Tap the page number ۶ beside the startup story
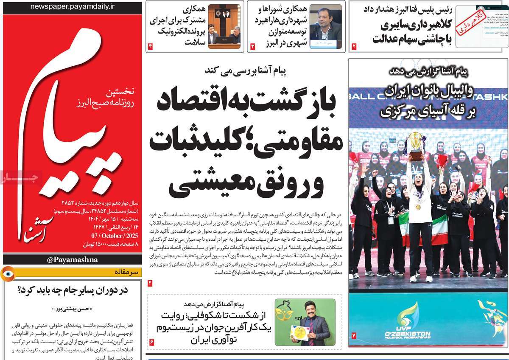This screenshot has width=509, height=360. point(151,342)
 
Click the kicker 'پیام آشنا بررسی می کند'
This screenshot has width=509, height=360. point(246,70)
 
